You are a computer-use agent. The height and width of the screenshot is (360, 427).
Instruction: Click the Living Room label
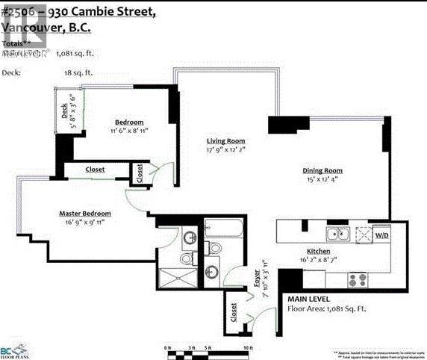pyautogui.click(x=225, y=140)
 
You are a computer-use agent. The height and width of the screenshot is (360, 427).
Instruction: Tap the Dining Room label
pyautogui.click(x=322, y=170)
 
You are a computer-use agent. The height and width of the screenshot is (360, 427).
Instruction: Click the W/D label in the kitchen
pyautogui.click(x=381, y=235)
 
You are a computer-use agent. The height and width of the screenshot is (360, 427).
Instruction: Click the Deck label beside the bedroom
pyautogui.click(x=66, y=111)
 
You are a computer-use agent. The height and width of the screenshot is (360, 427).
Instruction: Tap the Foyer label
pyautogui.click(x=256, y=278)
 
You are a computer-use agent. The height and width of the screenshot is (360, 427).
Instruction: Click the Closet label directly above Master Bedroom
pyautogui.click(x=95, y=170)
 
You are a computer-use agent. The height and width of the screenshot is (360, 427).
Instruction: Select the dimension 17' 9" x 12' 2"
pyautogui.click(x=225, y=150)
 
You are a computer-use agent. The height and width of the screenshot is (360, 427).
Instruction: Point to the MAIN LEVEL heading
pyautogui.click(x=308, y=297)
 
